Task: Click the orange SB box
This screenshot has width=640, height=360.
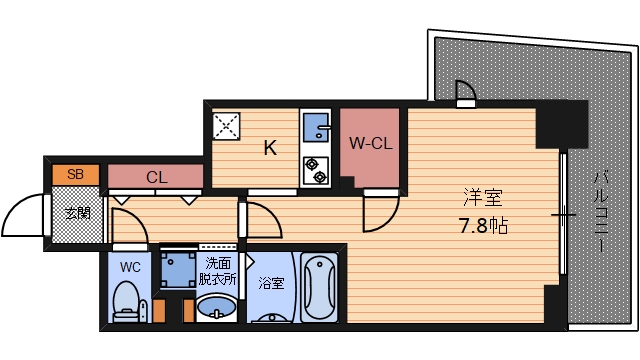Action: tap(75, 174)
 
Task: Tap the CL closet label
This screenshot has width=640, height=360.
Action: tap(156, 178)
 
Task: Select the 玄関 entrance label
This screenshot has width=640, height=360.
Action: tap(77, 213)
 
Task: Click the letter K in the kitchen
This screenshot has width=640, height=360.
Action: tap(269, 148)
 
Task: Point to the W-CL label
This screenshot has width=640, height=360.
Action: tap(370, 144)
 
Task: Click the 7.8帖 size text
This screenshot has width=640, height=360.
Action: tap(484, 225)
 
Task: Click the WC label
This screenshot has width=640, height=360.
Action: tap(130, 267)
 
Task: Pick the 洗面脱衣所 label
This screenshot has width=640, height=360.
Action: tap(219, 272)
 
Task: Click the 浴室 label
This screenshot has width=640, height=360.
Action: tap(271, 283)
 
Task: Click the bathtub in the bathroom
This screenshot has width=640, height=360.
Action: tap(320, 290)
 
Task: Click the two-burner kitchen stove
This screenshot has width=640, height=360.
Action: tap(317, 170)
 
